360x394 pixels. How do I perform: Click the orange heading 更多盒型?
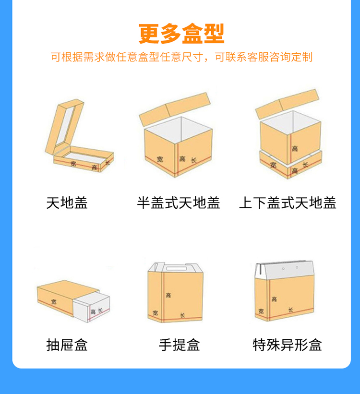[181, 34]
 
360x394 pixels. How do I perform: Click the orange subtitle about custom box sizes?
[181, 57]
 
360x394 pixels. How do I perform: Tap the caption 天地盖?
[67, 203]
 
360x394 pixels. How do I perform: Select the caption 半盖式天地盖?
[179, 203]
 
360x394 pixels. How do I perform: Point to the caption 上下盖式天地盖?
[288, 203]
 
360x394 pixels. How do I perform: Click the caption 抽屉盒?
[67, 345]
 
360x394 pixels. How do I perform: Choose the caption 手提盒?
[179, 345]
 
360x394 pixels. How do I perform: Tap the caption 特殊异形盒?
[287, 345]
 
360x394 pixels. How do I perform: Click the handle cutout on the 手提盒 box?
[176, 269]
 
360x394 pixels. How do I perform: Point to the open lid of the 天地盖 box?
[64, 127]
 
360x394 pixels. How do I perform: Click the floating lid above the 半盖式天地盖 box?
[175, 109]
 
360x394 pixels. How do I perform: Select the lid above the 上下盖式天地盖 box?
[288, 104]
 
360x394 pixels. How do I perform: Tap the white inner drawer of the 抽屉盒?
[91, 307]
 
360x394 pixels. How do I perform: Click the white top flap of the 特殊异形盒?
[285, 270]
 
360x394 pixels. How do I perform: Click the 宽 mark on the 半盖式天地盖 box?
[160, 159]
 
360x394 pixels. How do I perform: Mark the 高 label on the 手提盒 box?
[168, 295]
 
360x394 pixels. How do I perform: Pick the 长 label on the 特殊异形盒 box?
[290, 310]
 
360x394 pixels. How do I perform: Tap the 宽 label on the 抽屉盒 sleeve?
[54, 301]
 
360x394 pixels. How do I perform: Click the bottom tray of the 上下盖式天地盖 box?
[290, 165]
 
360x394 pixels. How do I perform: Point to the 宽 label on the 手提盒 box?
[156, 313]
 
